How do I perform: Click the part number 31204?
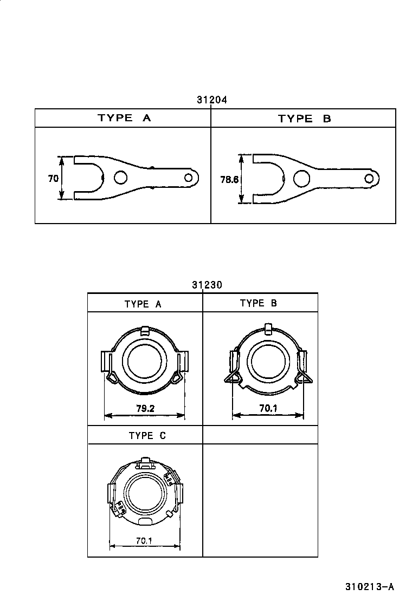pos(211,100)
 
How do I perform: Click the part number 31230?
pos(207,285)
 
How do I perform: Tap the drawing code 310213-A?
pos(369,587)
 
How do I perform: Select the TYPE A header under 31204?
pos(124,118)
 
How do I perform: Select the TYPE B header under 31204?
pos(304,119)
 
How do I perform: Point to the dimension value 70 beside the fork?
pos(53,178)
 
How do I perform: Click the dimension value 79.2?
pos(145,409)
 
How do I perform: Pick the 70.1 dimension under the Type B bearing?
pos(268,409)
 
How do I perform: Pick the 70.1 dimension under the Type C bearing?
pos(144,540)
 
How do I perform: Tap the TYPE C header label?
pos(147,435)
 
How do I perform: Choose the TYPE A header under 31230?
pos(143,304)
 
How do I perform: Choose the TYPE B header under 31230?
pos(259,303)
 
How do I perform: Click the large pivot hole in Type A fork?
pos(121,178)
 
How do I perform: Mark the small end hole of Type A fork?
pos(189,178)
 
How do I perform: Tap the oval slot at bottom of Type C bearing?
pos(146,520)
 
